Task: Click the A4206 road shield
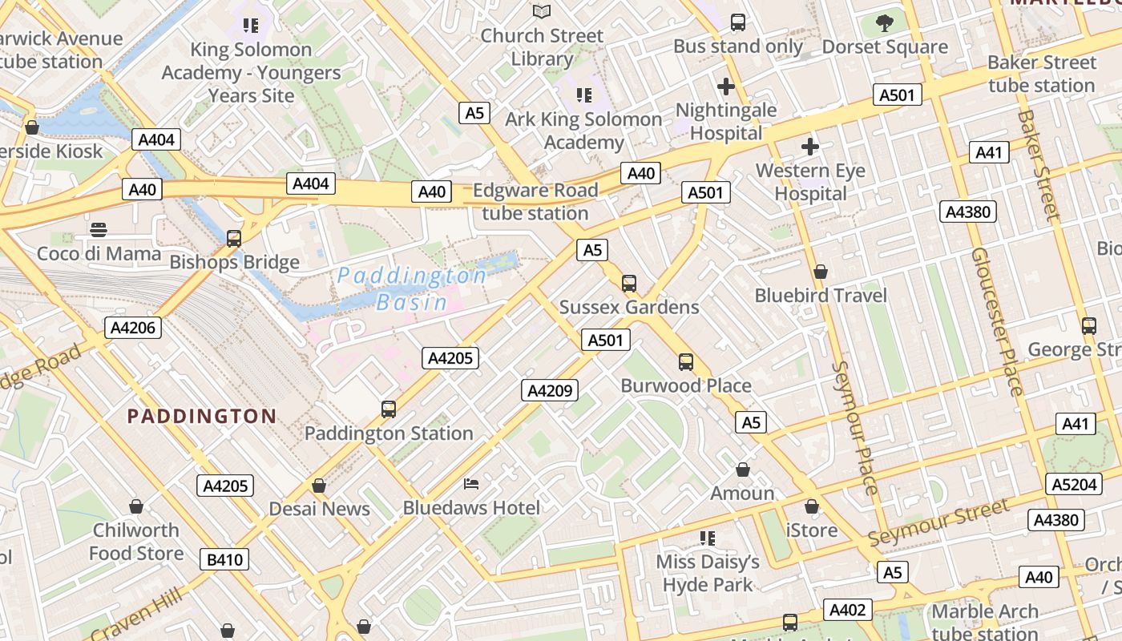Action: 133,327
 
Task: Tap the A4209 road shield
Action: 550,390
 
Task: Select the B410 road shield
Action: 224,559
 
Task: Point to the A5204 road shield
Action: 1074,484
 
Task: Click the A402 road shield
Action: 847,611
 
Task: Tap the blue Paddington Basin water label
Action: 412,288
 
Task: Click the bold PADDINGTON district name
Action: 202,416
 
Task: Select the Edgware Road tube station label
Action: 535,202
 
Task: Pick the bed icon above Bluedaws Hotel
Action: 471,484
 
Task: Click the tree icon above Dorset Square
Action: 885,23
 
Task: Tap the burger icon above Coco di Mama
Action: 99,231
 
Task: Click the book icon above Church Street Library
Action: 542,11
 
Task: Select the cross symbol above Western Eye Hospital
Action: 810,147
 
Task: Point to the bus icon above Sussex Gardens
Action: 629,283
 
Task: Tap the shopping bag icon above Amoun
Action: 743,469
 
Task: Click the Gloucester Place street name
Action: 997,320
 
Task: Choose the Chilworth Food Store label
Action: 136,542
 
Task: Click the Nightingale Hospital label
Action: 726,121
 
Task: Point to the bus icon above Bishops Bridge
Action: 234,238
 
